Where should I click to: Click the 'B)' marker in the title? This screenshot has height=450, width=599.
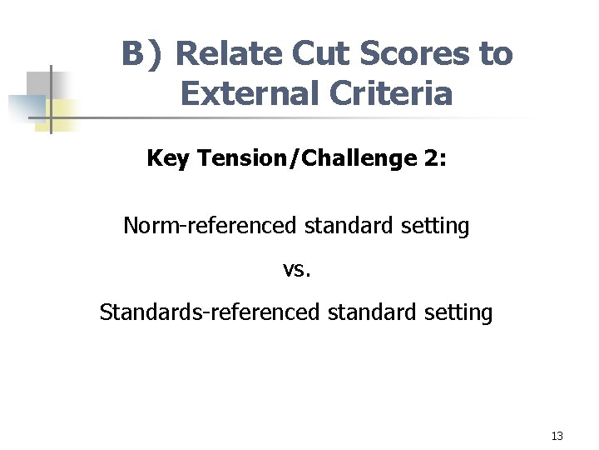pos(143,55)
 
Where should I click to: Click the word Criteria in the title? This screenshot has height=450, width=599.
pos(390,94)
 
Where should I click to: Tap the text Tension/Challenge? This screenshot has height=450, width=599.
pos(308,158)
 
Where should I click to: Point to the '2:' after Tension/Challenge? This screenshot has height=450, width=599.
pos(434,158)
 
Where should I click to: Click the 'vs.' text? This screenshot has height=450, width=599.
pos(296,269)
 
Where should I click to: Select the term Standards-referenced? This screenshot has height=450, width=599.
pos(209,312)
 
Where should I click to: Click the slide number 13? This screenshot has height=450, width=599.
pos(557,436)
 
